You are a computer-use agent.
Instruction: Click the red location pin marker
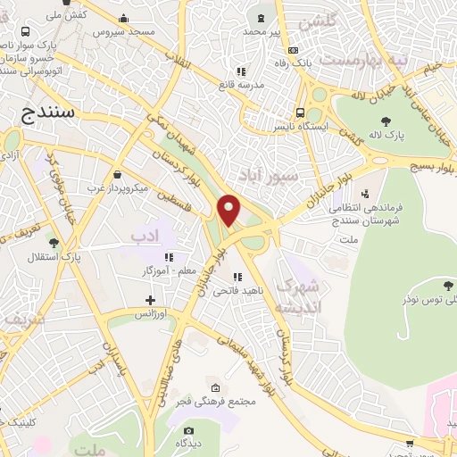229,209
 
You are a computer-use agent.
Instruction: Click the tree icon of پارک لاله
386,121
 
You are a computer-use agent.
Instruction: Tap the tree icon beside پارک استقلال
54,241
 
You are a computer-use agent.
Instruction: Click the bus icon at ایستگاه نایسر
302,113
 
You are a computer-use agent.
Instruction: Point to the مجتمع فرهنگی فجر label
223,400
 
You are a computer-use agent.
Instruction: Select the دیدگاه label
187,442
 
